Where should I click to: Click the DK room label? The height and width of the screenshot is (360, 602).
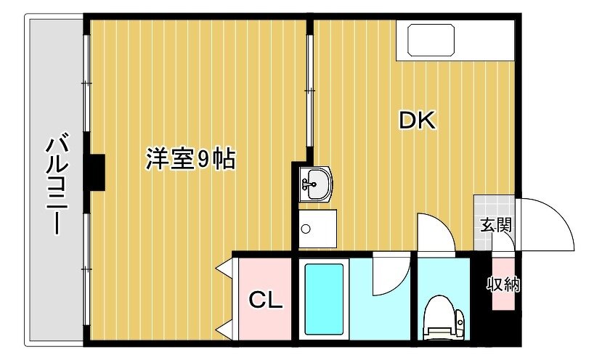[417, 120]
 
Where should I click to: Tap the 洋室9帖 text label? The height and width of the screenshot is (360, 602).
[190, 158]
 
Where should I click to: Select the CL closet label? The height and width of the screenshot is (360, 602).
[266, 300]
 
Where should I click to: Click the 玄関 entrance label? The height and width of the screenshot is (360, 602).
[497, 225]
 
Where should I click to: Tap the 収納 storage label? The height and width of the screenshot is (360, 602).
[503, 285]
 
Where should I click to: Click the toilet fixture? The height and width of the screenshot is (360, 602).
[444, 318]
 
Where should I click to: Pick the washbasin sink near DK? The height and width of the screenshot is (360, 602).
[315, 184]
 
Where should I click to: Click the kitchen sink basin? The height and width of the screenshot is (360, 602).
[431, 40]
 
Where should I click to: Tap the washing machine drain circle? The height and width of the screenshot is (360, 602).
[306, 229]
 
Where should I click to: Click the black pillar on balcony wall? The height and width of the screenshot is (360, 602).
[94, 172]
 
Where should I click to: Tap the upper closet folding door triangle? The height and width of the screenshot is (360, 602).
[224, 268]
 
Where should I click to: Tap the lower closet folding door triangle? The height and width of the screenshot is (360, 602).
[224, 330]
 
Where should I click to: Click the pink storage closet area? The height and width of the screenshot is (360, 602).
[503, 284]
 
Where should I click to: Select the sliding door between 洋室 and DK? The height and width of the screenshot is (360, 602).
[309, 91]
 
